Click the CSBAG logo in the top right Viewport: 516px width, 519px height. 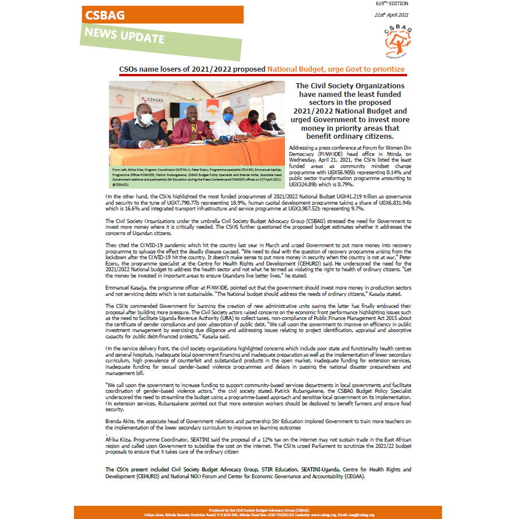coord(397,40)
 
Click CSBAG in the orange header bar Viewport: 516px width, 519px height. coord(105,15)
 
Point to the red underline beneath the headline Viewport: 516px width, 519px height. coord(262,75)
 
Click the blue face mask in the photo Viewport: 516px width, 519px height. coord(228,116)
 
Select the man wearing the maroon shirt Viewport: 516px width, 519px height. coord(190,127)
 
